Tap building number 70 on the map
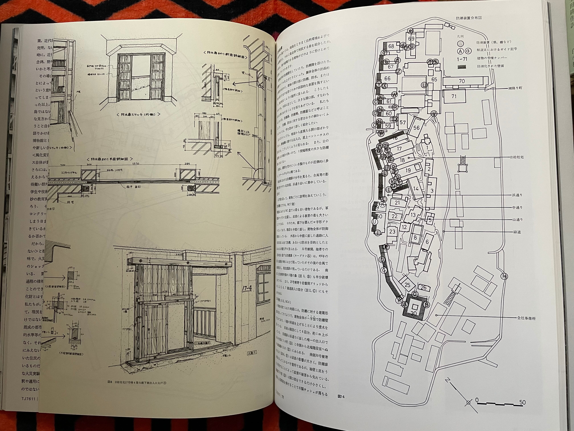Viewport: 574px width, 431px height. (x=462, y=81)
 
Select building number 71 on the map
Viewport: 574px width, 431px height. (x=454, y=96)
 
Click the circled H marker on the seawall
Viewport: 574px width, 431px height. (x=504, y=276)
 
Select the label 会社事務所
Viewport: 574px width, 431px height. (x=526, y=318)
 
